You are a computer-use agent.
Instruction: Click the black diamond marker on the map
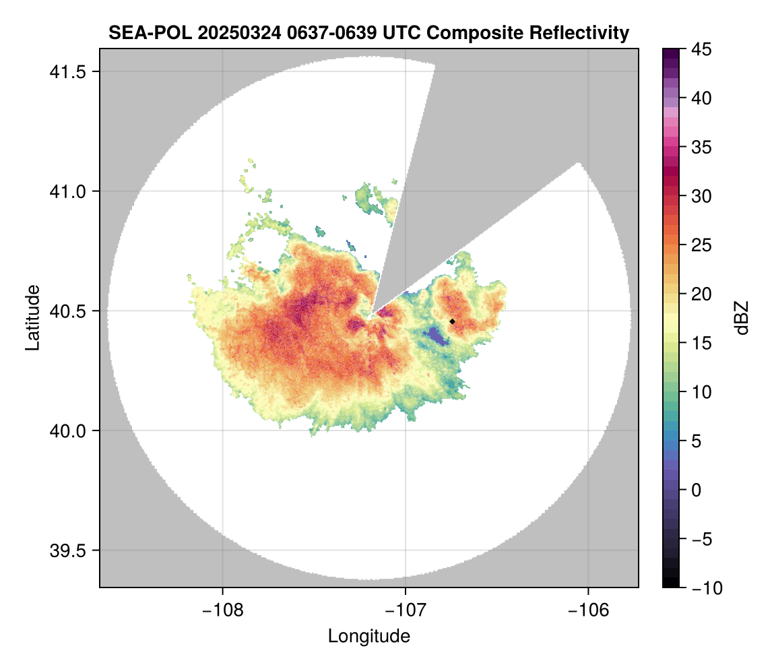[452, 321]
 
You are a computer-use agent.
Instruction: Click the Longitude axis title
[368, 636]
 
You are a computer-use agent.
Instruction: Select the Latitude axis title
[32, 317]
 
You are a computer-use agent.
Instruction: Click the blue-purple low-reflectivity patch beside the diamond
[436, 335]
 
